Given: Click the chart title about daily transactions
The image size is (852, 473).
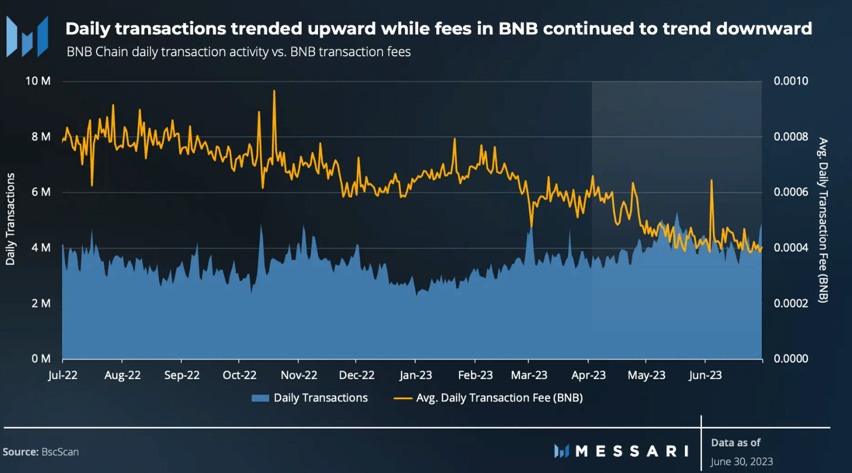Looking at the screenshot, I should (x=438, y=29).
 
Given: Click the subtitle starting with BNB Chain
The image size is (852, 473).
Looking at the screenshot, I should (x=238, y=52).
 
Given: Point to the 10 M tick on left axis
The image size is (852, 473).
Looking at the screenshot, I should (x=38, y=81).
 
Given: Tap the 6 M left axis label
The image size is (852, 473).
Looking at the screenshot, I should (x=41, y=192).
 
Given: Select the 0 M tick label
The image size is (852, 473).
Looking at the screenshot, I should (x=41, y=359).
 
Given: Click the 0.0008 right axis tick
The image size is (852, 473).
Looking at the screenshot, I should (x=790, y=137).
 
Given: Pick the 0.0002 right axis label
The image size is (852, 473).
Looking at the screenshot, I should (x=790, y=303).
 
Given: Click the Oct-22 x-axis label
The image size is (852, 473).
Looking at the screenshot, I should (x=239, y=375).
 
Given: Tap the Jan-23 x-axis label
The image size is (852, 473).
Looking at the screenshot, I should (x=416, y=375).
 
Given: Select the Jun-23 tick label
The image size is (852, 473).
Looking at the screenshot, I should (x=705, y=375).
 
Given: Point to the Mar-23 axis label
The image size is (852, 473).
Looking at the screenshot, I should (x=529, y=375).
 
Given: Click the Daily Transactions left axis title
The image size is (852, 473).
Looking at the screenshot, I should (x=10, y=219).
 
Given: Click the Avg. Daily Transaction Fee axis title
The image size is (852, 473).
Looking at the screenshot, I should (x=823, y=220).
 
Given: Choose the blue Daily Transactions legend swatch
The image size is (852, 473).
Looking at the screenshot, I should (x=260, y=398).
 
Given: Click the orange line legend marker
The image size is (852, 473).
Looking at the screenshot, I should (x=403, y=398).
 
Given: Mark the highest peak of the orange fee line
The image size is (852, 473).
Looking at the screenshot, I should (x=274, y=91).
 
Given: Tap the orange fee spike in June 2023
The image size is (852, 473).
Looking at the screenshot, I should (x=711, y=181).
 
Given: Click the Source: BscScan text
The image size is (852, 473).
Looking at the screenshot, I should (x=41, y=452).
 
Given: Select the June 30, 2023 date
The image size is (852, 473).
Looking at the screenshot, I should (x=742, y=461).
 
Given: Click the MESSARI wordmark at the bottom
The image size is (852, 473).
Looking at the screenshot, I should (x=632, y=451).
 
